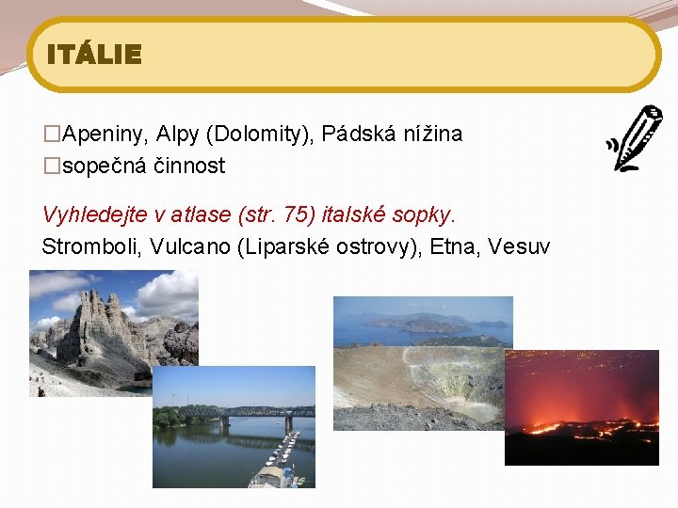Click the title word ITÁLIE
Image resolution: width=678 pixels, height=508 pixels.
(94, 55)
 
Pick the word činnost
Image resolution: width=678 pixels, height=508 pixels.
(191, 167)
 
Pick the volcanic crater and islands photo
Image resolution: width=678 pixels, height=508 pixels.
(423, 363)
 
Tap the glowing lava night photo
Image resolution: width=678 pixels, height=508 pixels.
(581, 407)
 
